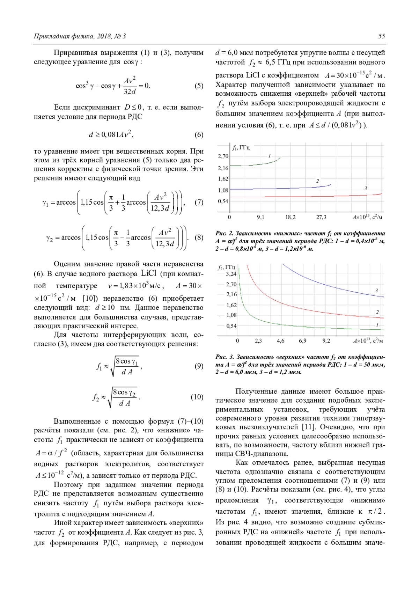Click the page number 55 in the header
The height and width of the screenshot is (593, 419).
click(381, 36)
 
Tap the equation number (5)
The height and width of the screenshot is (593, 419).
click(199, 86)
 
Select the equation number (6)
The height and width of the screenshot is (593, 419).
click(199, 135)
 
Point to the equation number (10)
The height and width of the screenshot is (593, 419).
click(197, 397)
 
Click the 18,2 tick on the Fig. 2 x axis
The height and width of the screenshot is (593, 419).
click(291, 217)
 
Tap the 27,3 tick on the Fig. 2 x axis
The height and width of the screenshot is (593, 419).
click(321, 217)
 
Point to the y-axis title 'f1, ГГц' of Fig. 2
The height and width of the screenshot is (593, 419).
click(241, 148)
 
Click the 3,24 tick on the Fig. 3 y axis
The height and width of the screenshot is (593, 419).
click(231, 274)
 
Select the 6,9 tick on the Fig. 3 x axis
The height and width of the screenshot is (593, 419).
click(302, 341)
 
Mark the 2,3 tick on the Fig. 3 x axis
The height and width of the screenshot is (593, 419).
click(258, 341)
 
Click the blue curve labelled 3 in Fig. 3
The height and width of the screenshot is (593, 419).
click(332, 285)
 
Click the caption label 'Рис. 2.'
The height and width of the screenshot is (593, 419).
click(224, 233)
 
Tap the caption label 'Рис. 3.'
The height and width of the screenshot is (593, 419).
click(225, 357)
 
